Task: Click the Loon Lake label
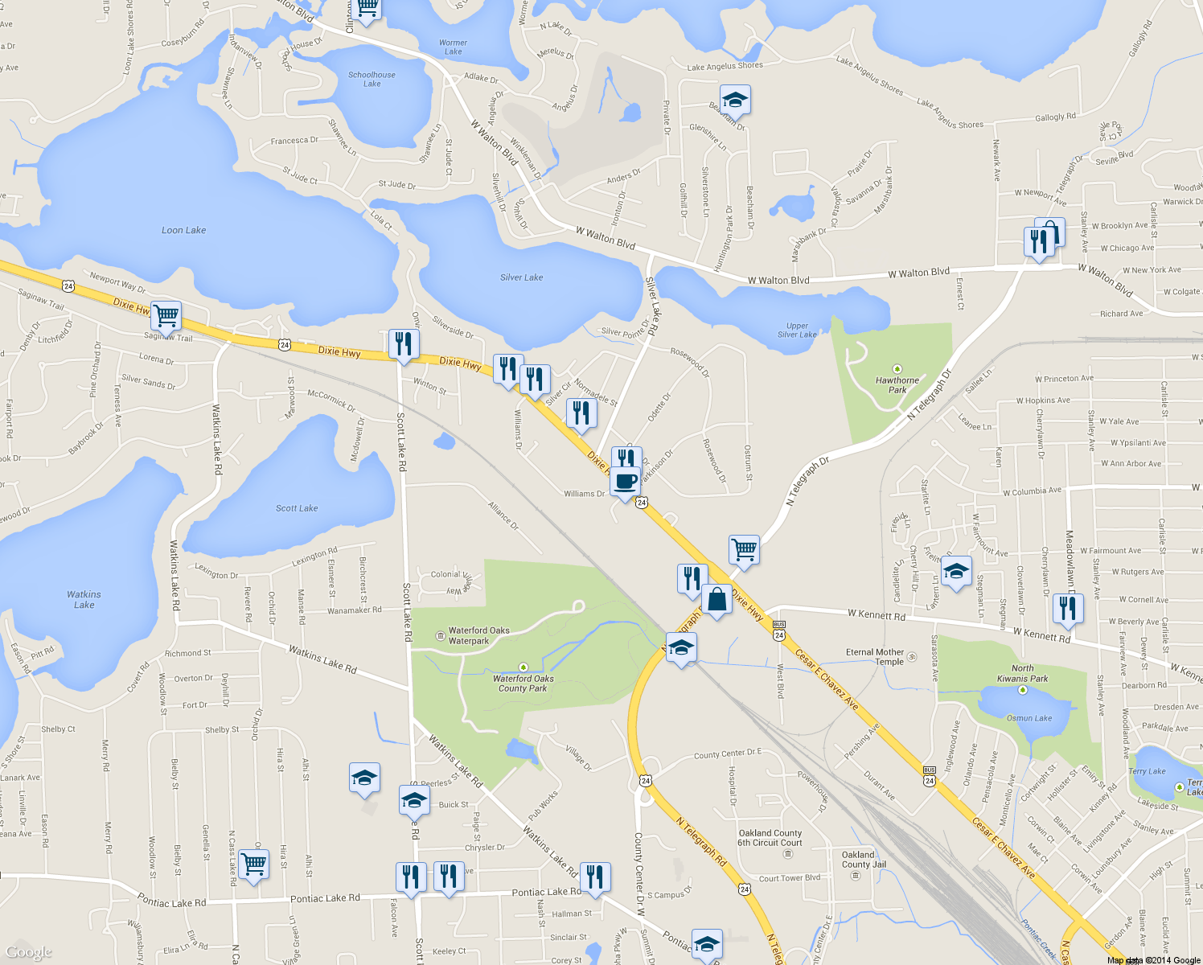[183, 230]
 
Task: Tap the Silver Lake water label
[521, 277]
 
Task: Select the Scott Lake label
[297, 508]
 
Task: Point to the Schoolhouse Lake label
[372, 79]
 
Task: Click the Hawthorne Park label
[897, 384]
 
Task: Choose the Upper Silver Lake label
[797, 331]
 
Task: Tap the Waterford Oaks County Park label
[524, 683]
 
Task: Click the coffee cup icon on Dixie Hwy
[625, 482]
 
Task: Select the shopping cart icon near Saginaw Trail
[166, 315]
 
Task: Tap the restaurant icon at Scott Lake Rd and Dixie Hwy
[403, 343]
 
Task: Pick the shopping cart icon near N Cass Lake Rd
[253, 864]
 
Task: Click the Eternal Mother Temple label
[876, 657]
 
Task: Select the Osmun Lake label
[1029, 718]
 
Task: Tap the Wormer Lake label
[453, 47]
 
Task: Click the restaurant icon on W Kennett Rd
[1067, 607]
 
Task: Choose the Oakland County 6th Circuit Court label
[770, 838]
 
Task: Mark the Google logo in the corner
[29, 952]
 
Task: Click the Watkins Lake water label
[84, 599]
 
